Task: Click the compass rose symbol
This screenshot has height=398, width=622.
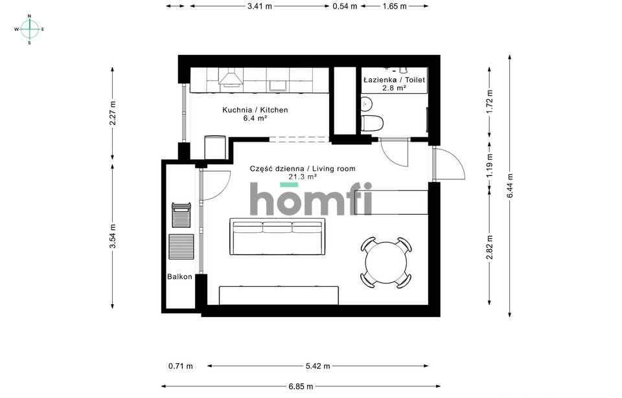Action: pos(29,29)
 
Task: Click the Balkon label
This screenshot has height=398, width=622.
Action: pos(179,277)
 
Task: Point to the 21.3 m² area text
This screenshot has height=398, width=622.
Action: pos(303,177)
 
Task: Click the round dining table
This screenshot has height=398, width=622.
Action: pos(386,263)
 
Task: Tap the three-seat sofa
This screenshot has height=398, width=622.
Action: pos(278,237)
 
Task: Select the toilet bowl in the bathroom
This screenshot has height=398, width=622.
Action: pos(372,123)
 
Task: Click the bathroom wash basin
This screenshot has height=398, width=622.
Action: pos(367,104)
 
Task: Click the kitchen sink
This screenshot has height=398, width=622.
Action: pos(278,85)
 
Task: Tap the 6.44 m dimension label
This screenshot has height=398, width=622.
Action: pos(510,186)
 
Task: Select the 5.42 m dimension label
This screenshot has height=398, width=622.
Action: pos(317,366)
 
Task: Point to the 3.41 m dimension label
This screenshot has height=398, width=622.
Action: pos(260,6)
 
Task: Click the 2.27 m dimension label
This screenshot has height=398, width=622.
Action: pos(113,113)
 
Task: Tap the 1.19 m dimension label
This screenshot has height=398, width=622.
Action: pos(490,165)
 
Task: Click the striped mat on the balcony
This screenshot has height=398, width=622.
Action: pos(181,247)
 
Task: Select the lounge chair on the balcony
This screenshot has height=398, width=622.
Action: pos(181,215)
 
